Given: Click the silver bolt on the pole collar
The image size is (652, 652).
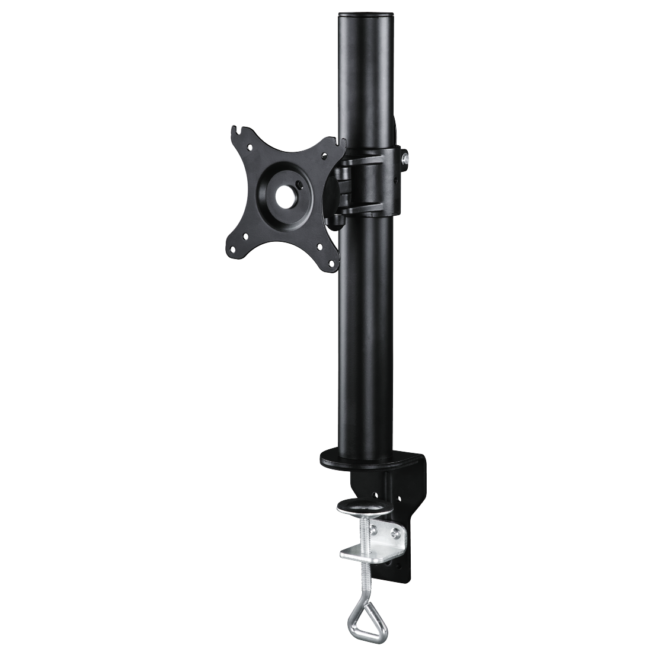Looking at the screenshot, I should [405, 158].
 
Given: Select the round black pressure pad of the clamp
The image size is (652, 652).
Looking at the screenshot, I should [363, 508].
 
